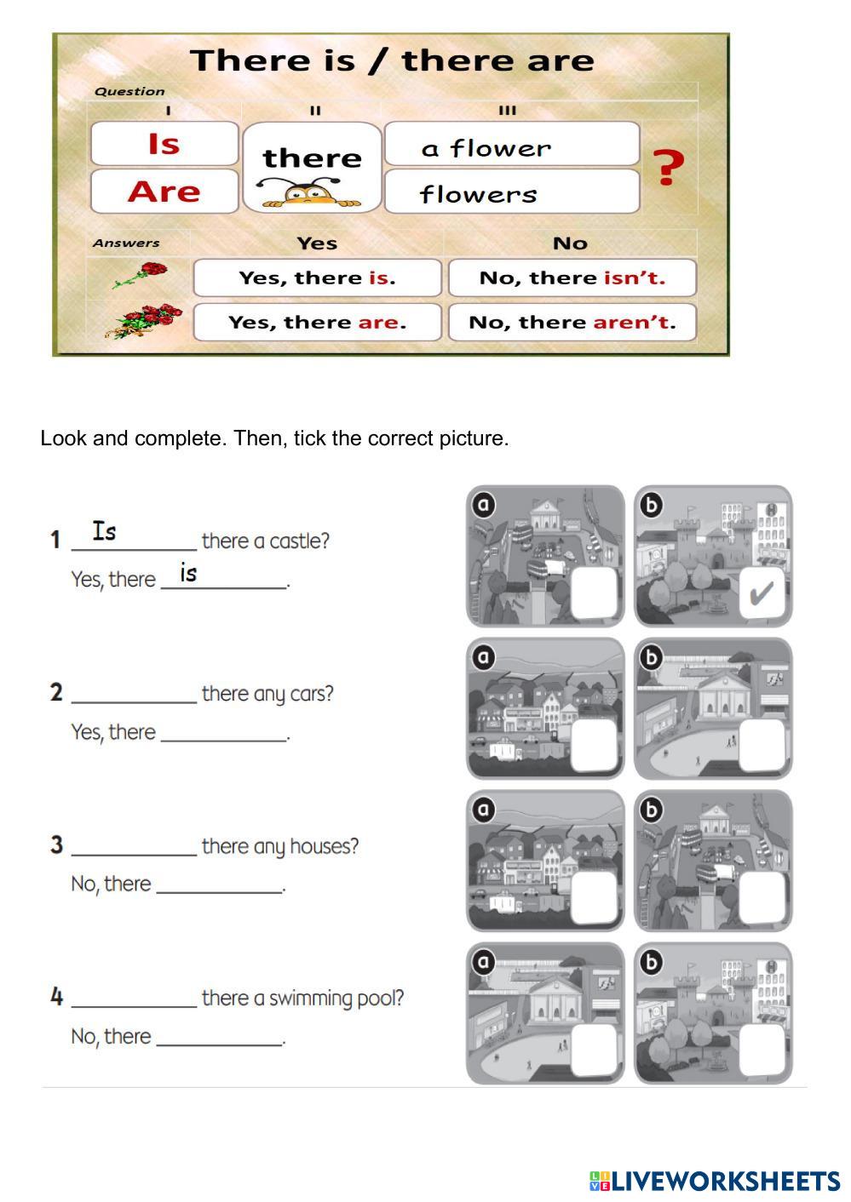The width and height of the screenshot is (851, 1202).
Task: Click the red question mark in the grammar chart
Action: tap(669, 167)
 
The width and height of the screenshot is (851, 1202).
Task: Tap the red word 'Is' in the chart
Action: tap(164, 144)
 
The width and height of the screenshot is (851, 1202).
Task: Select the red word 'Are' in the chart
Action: tap(164, 192)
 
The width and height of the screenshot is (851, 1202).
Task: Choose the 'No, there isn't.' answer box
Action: tap(572, 278)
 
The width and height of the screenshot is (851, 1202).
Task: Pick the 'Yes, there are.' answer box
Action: tap(317, 323)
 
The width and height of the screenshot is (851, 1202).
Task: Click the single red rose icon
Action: tap(141, 274)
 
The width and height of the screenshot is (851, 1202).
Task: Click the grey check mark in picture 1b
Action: tap(761, 593)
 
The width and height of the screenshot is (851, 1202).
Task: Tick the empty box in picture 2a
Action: tap(595, 747)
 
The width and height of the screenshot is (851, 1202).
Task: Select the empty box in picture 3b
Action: tap(762, 899)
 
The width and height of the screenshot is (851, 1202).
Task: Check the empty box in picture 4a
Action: tap(595, 1050)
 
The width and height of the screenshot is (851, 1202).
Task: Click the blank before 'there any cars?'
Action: tap(134, 694)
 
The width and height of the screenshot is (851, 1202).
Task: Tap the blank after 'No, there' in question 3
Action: tap(220, 884)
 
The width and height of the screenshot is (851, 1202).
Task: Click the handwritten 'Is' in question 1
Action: tap(105, 531)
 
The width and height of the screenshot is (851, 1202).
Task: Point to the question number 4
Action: tap(57, 997)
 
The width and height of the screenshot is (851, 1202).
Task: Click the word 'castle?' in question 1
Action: tap(299, 541)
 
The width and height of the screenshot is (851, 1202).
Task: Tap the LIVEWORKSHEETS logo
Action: tap(714, 1181)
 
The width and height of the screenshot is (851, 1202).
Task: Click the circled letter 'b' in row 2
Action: tap(651, 657)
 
